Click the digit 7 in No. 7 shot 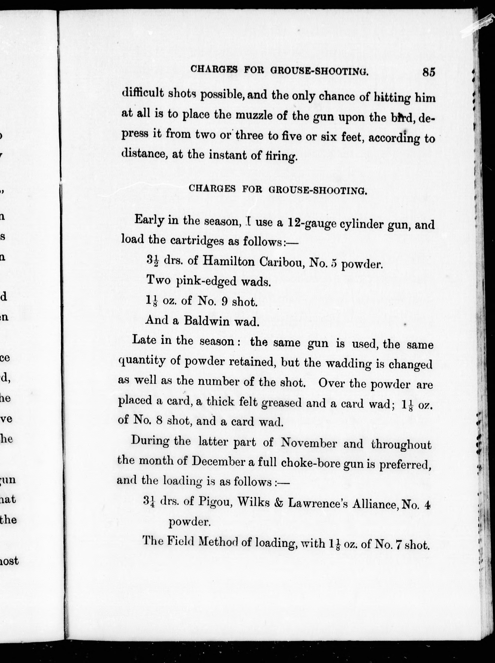coord(399,545)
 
